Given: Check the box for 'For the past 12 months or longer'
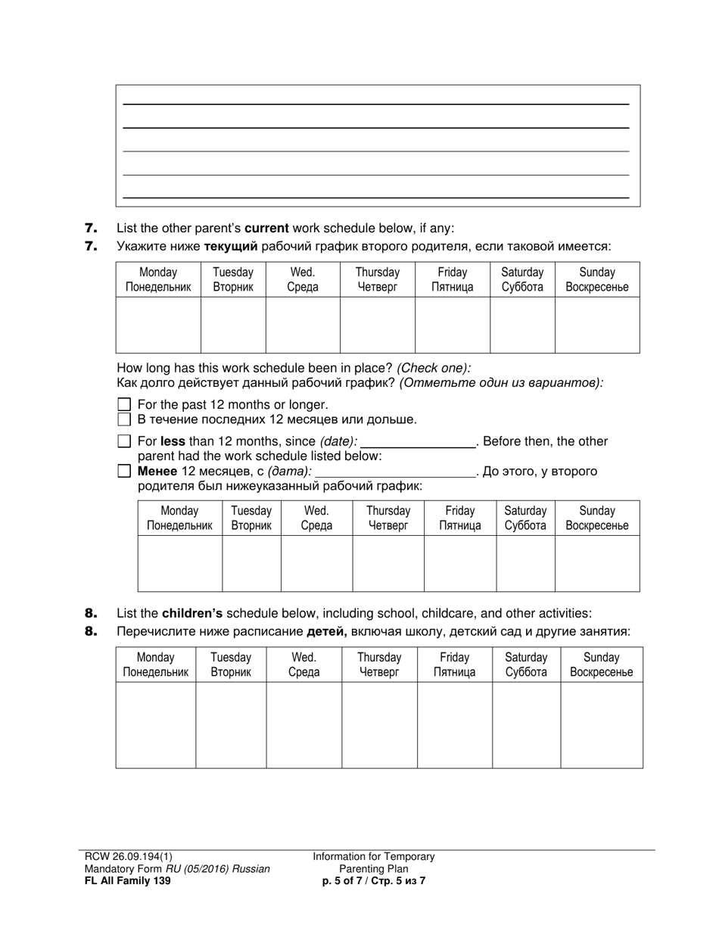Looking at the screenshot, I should point(126,405).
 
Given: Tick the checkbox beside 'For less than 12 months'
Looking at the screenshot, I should point(126,441).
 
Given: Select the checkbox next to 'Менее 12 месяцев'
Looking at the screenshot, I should point(126,472).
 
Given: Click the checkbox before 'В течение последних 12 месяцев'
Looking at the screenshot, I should point(126,419).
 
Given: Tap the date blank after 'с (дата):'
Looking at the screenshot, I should point(394,472).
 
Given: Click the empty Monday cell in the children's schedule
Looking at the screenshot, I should point(155,724).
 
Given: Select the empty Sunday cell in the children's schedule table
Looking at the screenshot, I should point(601,724).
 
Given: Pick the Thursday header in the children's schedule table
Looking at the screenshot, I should point(378,665).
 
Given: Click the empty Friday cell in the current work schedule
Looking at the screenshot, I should point(452,325).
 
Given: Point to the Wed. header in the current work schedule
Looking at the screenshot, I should point(303,279).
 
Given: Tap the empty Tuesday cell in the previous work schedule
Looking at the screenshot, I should point(251,563).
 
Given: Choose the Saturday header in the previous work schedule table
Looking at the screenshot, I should point(525,518).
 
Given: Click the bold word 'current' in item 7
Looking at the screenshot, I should point(266,228).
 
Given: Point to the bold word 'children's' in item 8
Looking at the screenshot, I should point(192,614).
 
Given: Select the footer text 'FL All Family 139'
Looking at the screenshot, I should point(123,880).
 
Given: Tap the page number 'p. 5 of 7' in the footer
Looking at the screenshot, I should point(344,880).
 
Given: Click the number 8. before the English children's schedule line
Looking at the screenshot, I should point(91,614).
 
